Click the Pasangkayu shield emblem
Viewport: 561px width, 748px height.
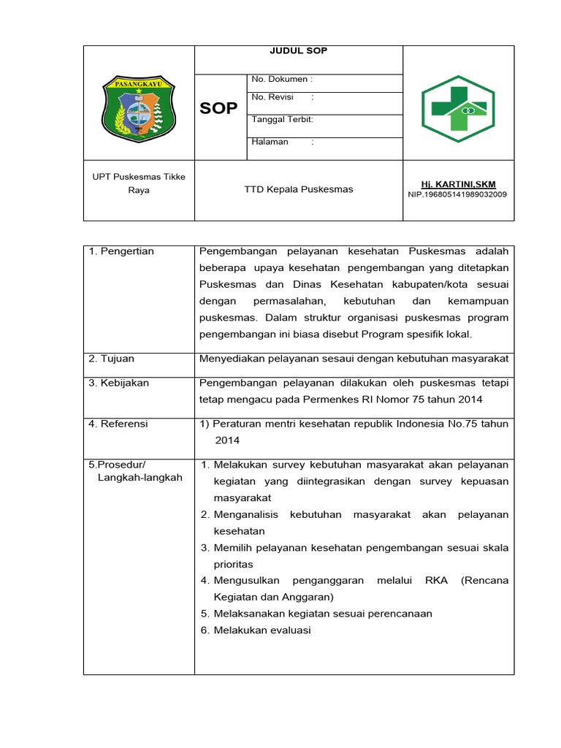coord(138,109)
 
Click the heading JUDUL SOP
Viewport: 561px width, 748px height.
coord(298,50)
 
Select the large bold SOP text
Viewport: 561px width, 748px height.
coord(218,109)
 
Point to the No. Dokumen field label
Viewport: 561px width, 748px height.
coord(282,79)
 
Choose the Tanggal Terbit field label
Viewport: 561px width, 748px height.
coord(282,119)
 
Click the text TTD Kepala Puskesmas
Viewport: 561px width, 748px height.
coord(298,189)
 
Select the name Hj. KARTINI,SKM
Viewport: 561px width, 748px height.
coord(458,184)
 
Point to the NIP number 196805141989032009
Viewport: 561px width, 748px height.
coord(458,195)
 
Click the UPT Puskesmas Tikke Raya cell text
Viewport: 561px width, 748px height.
coord(139,183)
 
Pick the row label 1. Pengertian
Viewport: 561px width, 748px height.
coord(121,251)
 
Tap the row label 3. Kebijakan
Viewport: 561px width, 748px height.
coord(118,383)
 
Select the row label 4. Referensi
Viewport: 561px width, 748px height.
coord(118,424)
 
